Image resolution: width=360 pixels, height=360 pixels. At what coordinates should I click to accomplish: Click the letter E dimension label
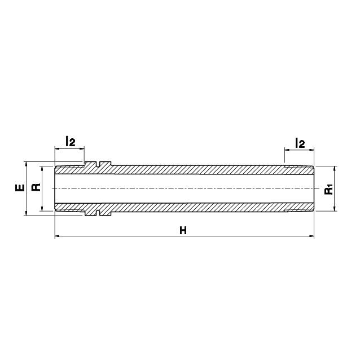tap(20, 187)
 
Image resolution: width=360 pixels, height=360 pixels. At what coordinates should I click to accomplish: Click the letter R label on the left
tap(36, 187)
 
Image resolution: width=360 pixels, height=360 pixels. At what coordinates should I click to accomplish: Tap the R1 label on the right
tap(328, 189)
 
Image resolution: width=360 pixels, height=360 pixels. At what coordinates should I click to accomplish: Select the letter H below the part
tap(183, 230)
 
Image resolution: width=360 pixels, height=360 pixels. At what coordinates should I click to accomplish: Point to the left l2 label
tap(71, 141)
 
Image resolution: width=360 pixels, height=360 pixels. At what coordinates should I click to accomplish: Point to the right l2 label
tap(300, 143)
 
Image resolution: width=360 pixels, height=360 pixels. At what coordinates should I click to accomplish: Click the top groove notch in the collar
tap(98, 164)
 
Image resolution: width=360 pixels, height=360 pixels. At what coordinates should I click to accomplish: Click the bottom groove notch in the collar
tap(98, 213)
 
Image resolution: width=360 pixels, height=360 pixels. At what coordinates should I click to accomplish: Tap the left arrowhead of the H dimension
tap(58, 236)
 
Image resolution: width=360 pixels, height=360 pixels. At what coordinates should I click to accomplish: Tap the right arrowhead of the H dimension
tap(311, 236)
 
